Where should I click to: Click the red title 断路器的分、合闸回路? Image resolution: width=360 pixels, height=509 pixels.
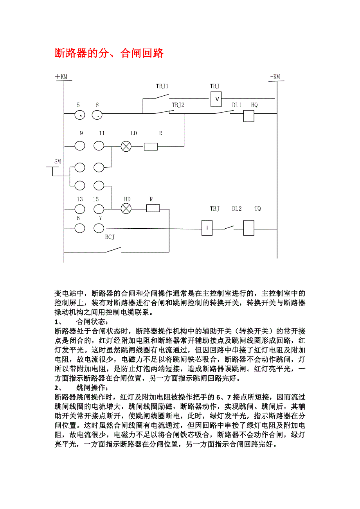click(109, 53)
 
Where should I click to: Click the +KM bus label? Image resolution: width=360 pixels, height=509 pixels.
click(61, 77)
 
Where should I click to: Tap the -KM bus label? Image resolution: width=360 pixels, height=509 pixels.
click(275, 77)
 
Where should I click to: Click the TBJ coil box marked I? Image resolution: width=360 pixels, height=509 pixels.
click(207, 228)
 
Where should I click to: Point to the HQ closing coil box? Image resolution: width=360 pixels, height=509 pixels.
click(249, 116)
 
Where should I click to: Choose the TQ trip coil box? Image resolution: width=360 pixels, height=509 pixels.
click(249, 228)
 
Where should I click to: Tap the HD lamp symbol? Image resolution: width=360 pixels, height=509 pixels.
click(126, 208)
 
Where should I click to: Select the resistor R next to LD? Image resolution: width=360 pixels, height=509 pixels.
click(151, 147)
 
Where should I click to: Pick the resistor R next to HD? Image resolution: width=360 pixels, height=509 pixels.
click(153, 208)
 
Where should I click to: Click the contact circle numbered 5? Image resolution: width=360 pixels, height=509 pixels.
click(79, 115)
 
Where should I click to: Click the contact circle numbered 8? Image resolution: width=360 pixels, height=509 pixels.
click(97, 115)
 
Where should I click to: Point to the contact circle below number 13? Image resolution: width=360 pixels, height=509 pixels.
click(79, 209)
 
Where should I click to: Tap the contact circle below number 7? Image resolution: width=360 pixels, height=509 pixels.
click(99, 228)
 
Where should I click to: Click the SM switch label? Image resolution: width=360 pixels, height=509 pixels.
click(58, 161)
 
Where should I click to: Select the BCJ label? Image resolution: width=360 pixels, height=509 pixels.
click(110, 237)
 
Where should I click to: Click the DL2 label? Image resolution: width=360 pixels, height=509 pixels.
click(237, 209)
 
